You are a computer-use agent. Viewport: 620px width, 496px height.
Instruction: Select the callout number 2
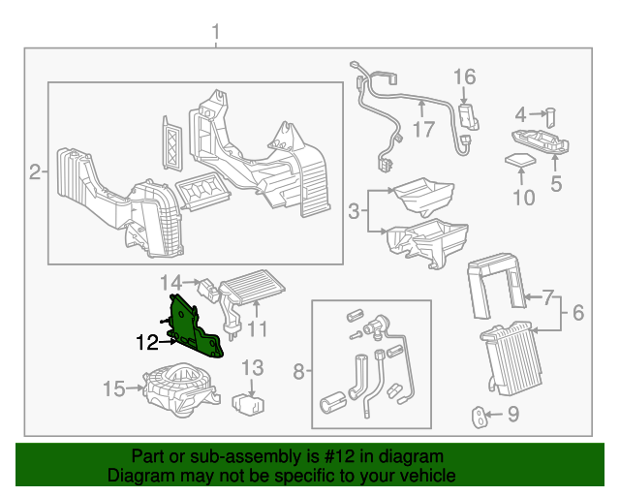point(35,173)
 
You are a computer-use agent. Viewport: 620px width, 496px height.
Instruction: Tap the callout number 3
point(355,210)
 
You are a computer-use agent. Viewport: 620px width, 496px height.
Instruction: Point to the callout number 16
point(464,77)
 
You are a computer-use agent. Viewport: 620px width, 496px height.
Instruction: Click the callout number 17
point(425,127)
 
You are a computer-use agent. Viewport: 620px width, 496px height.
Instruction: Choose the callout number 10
point(523,198)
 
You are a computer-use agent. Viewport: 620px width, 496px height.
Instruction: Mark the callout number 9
point(513,416)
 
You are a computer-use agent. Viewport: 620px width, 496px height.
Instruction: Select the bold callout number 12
point(147,341)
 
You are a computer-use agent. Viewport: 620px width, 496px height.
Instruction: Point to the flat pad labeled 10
point(522,159)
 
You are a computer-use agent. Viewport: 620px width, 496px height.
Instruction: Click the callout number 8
point(299,370)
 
